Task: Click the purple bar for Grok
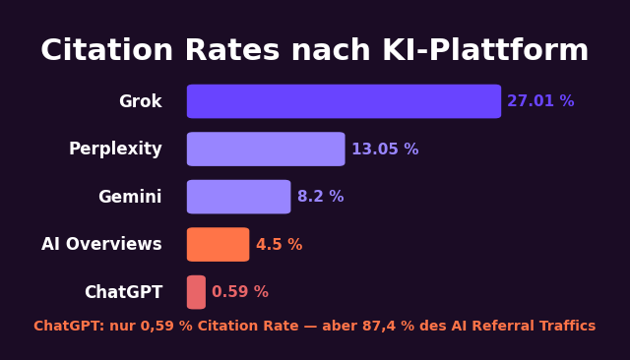[x=344, y=101]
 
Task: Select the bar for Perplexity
[x=266, y=150]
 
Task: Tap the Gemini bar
[x=238, y=197]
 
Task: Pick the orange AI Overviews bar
[x=218, y=245]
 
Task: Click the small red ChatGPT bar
[x=196, y=292]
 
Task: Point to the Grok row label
[x=140, y=101]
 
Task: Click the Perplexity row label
[x=115, y=150]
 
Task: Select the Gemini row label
[x=130, y=197]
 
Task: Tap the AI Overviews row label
[x=101, y=245]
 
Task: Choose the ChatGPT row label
[x=123, y=292]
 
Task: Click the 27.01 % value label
[x=540, y=101]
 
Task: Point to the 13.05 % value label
[x=385, y=150]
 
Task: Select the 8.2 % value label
[x=320, y=197]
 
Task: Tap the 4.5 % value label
[x=279, y=245]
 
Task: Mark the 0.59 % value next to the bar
[x=239, y=292]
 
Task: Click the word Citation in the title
[x=106, y=51]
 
